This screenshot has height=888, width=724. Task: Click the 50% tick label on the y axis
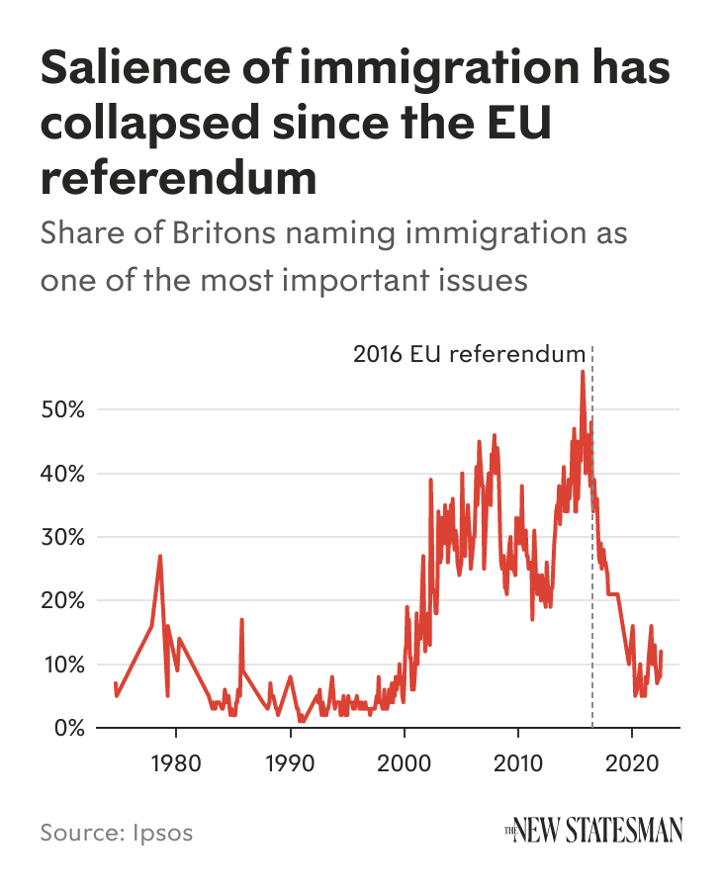click(62, 409)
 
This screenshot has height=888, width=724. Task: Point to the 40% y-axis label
click(62, 474)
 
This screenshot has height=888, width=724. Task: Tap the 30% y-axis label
click(62, 537)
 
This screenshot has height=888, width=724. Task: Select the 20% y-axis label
click(62, 600)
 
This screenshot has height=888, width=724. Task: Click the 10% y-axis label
click(62, 664)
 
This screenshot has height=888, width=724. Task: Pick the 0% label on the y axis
click(67, 728)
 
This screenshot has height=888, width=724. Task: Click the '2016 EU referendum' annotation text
click(469, 354)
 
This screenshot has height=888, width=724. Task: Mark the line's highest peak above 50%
click(583, 372)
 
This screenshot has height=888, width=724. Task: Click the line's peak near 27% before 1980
click(159, 556)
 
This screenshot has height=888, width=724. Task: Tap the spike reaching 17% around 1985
click(241, 620)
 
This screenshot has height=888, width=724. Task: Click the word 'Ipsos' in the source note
click(161, 832)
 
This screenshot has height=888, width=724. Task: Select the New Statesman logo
click(593, 832)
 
